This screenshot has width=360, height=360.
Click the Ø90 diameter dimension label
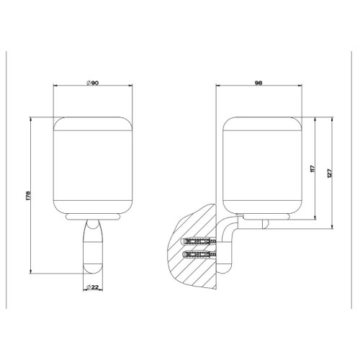92,83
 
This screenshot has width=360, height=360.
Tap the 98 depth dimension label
258,83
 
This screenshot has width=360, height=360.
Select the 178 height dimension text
28,196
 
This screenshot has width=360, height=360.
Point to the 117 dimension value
312,168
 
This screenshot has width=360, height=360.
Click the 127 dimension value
329,174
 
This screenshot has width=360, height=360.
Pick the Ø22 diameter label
92,287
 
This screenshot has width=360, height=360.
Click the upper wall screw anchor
198,241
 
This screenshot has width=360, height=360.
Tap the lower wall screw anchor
198,254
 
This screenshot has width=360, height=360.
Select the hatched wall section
192,247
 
